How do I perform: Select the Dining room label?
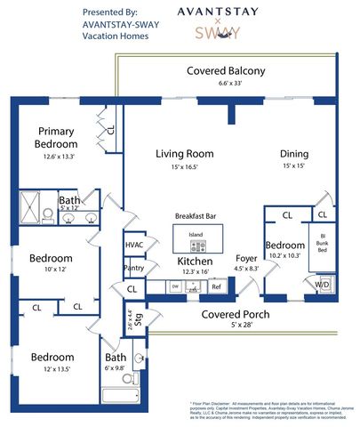pos(294,152)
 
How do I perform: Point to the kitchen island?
pos(196,238)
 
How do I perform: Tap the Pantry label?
pos(134,267)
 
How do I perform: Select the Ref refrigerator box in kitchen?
pos(216,286)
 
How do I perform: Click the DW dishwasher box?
pos(174,286)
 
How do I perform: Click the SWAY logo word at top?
pos(217,34)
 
